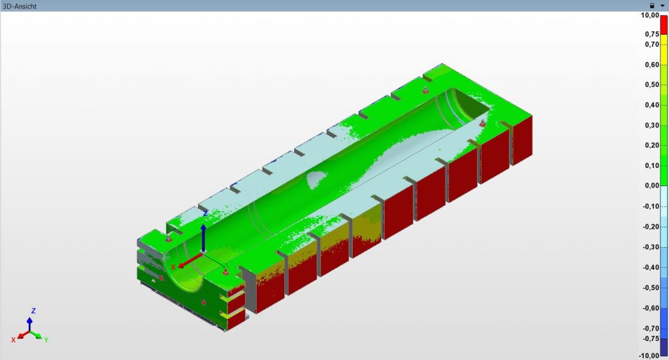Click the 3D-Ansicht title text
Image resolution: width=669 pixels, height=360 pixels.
pos(20,6)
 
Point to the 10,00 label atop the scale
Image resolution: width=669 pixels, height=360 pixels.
pos(650,16)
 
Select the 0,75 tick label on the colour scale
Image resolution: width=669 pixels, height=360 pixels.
pos(652,34)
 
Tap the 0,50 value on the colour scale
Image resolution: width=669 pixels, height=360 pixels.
pos(652,84)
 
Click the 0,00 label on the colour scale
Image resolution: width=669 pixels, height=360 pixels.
pos(652,186)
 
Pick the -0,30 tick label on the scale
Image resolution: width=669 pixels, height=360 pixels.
pos(651,247)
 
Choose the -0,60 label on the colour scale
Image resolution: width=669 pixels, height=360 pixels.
pos(651,308)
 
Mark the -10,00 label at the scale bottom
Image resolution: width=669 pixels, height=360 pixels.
pos(649,355)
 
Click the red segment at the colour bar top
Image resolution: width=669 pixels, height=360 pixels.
pos(664,25)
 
